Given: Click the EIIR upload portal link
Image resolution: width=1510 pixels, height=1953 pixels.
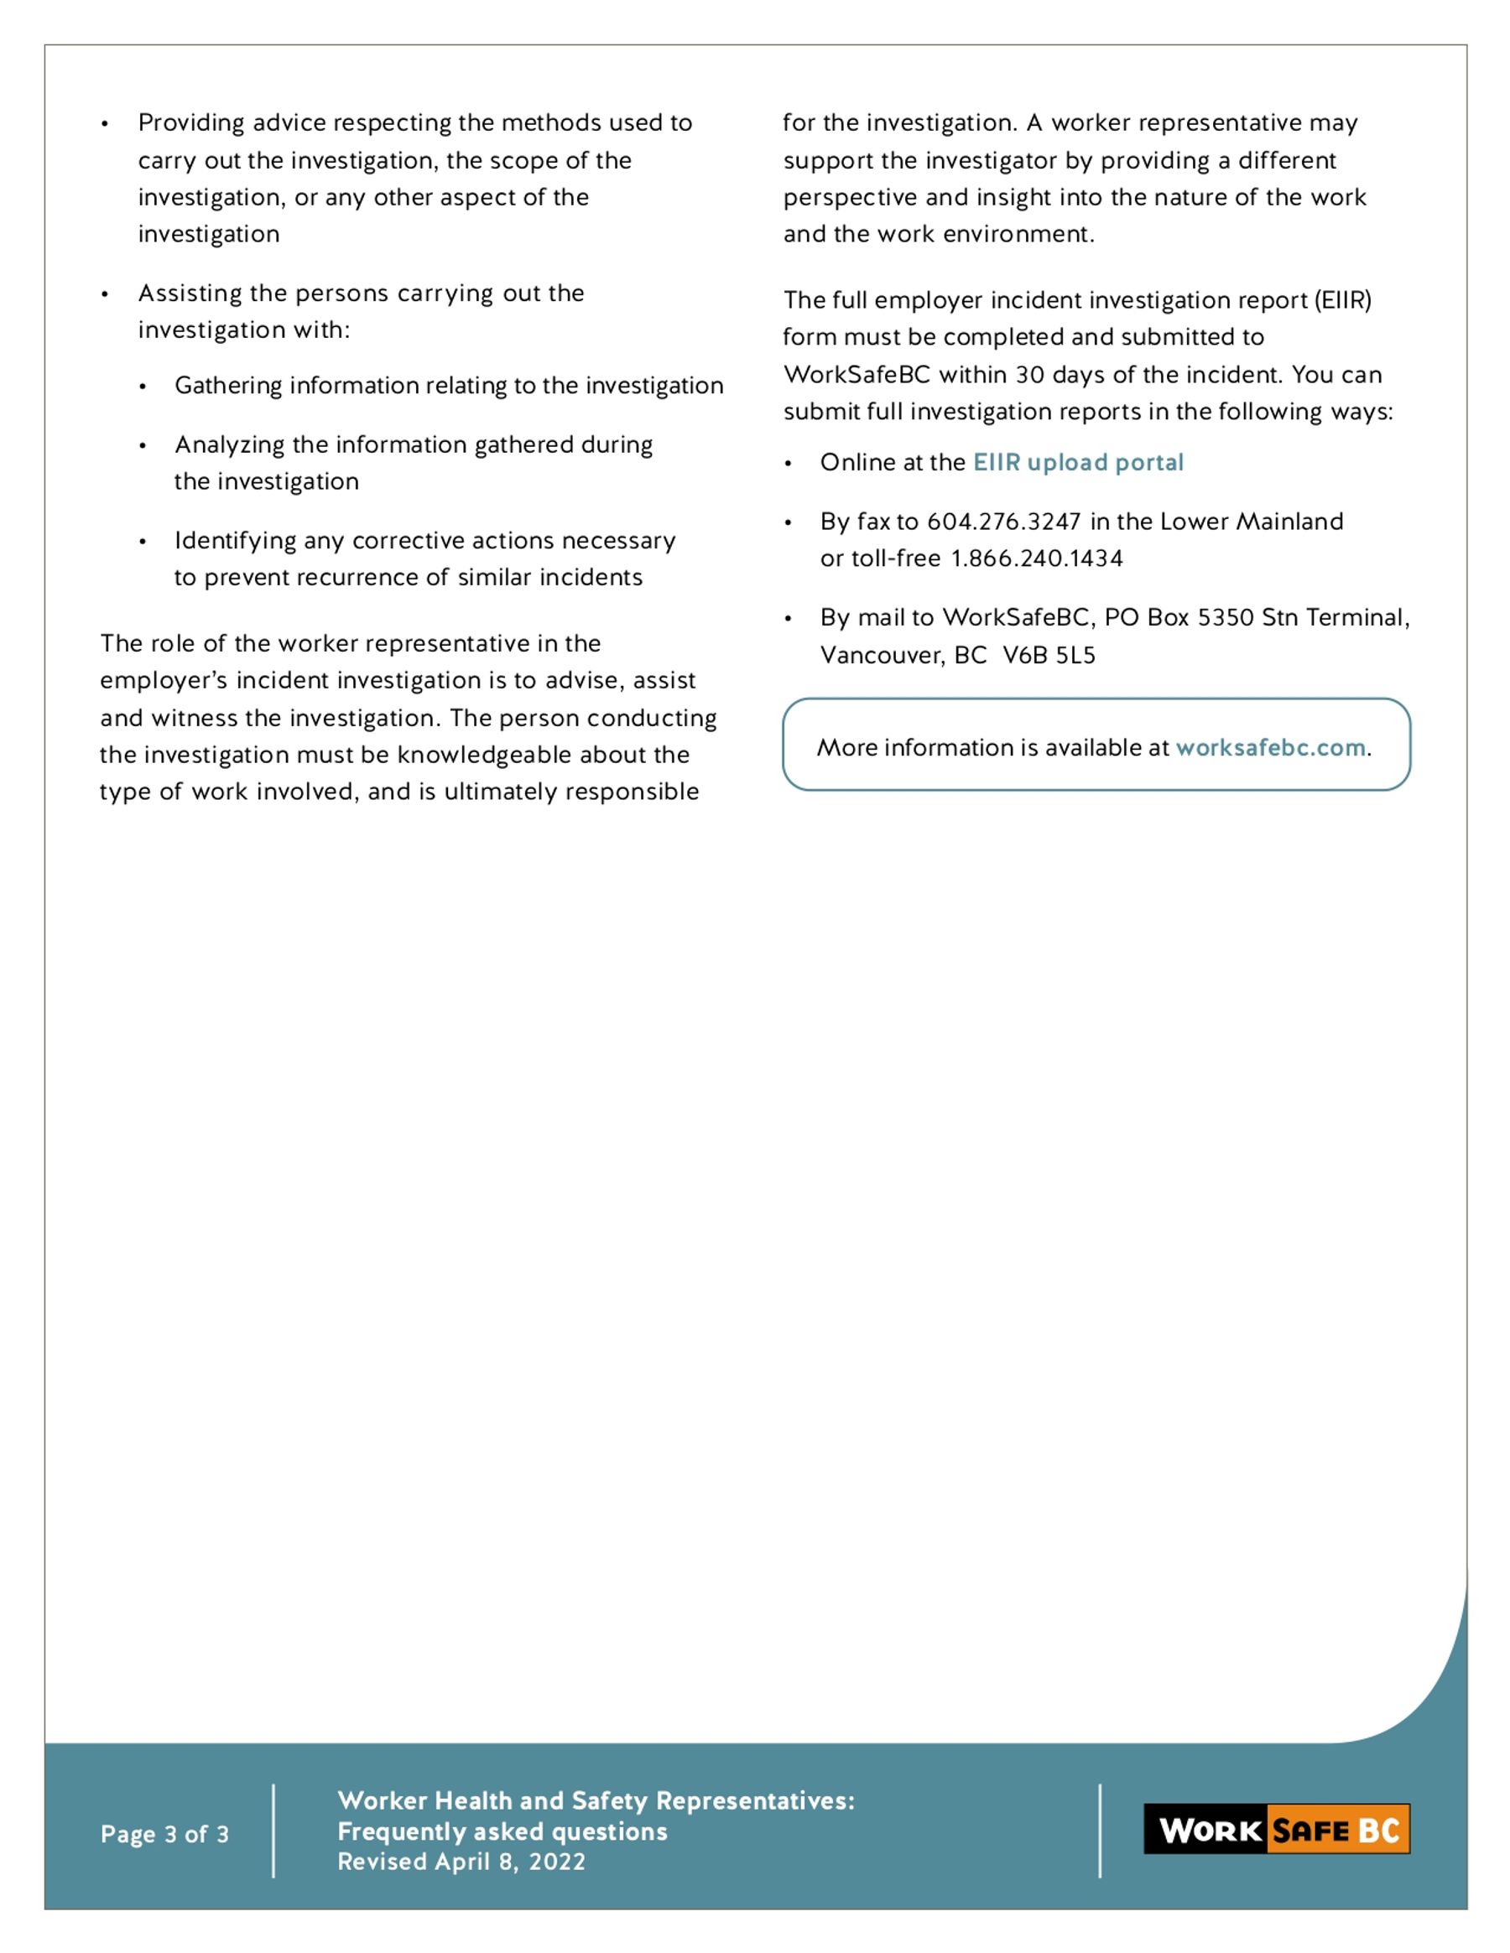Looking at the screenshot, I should point(1078,462).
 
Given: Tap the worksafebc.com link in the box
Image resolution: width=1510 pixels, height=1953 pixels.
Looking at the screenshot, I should point(1270,748).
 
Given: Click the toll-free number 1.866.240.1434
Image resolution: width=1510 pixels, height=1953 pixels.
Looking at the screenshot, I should point(1037,558).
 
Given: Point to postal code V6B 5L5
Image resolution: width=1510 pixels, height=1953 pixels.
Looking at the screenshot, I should point(1049,656).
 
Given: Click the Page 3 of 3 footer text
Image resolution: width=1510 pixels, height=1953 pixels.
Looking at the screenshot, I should point(164,1835).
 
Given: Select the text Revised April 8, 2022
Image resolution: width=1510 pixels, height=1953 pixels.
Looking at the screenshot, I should point(461,1862).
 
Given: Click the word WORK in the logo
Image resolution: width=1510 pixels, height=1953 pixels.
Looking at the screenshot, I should point(1211,1831).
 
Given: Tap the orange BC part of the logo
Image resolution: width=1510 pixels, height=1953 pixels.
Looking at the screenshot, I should point(1378,1831).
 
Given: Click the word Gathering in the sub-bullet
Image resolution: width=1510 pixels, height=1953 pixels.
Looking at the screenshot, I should point(228,386).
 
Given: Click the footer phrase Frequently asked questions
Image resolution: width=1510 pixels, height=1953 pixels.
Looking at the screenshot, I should point(502,1831).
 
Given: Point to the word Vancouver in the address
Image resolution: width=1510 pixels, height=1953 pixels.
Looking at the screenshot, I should point(881,656).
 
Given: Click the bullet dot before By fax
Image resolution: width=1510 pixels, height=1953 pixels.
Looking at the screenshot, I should point(788,523).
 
